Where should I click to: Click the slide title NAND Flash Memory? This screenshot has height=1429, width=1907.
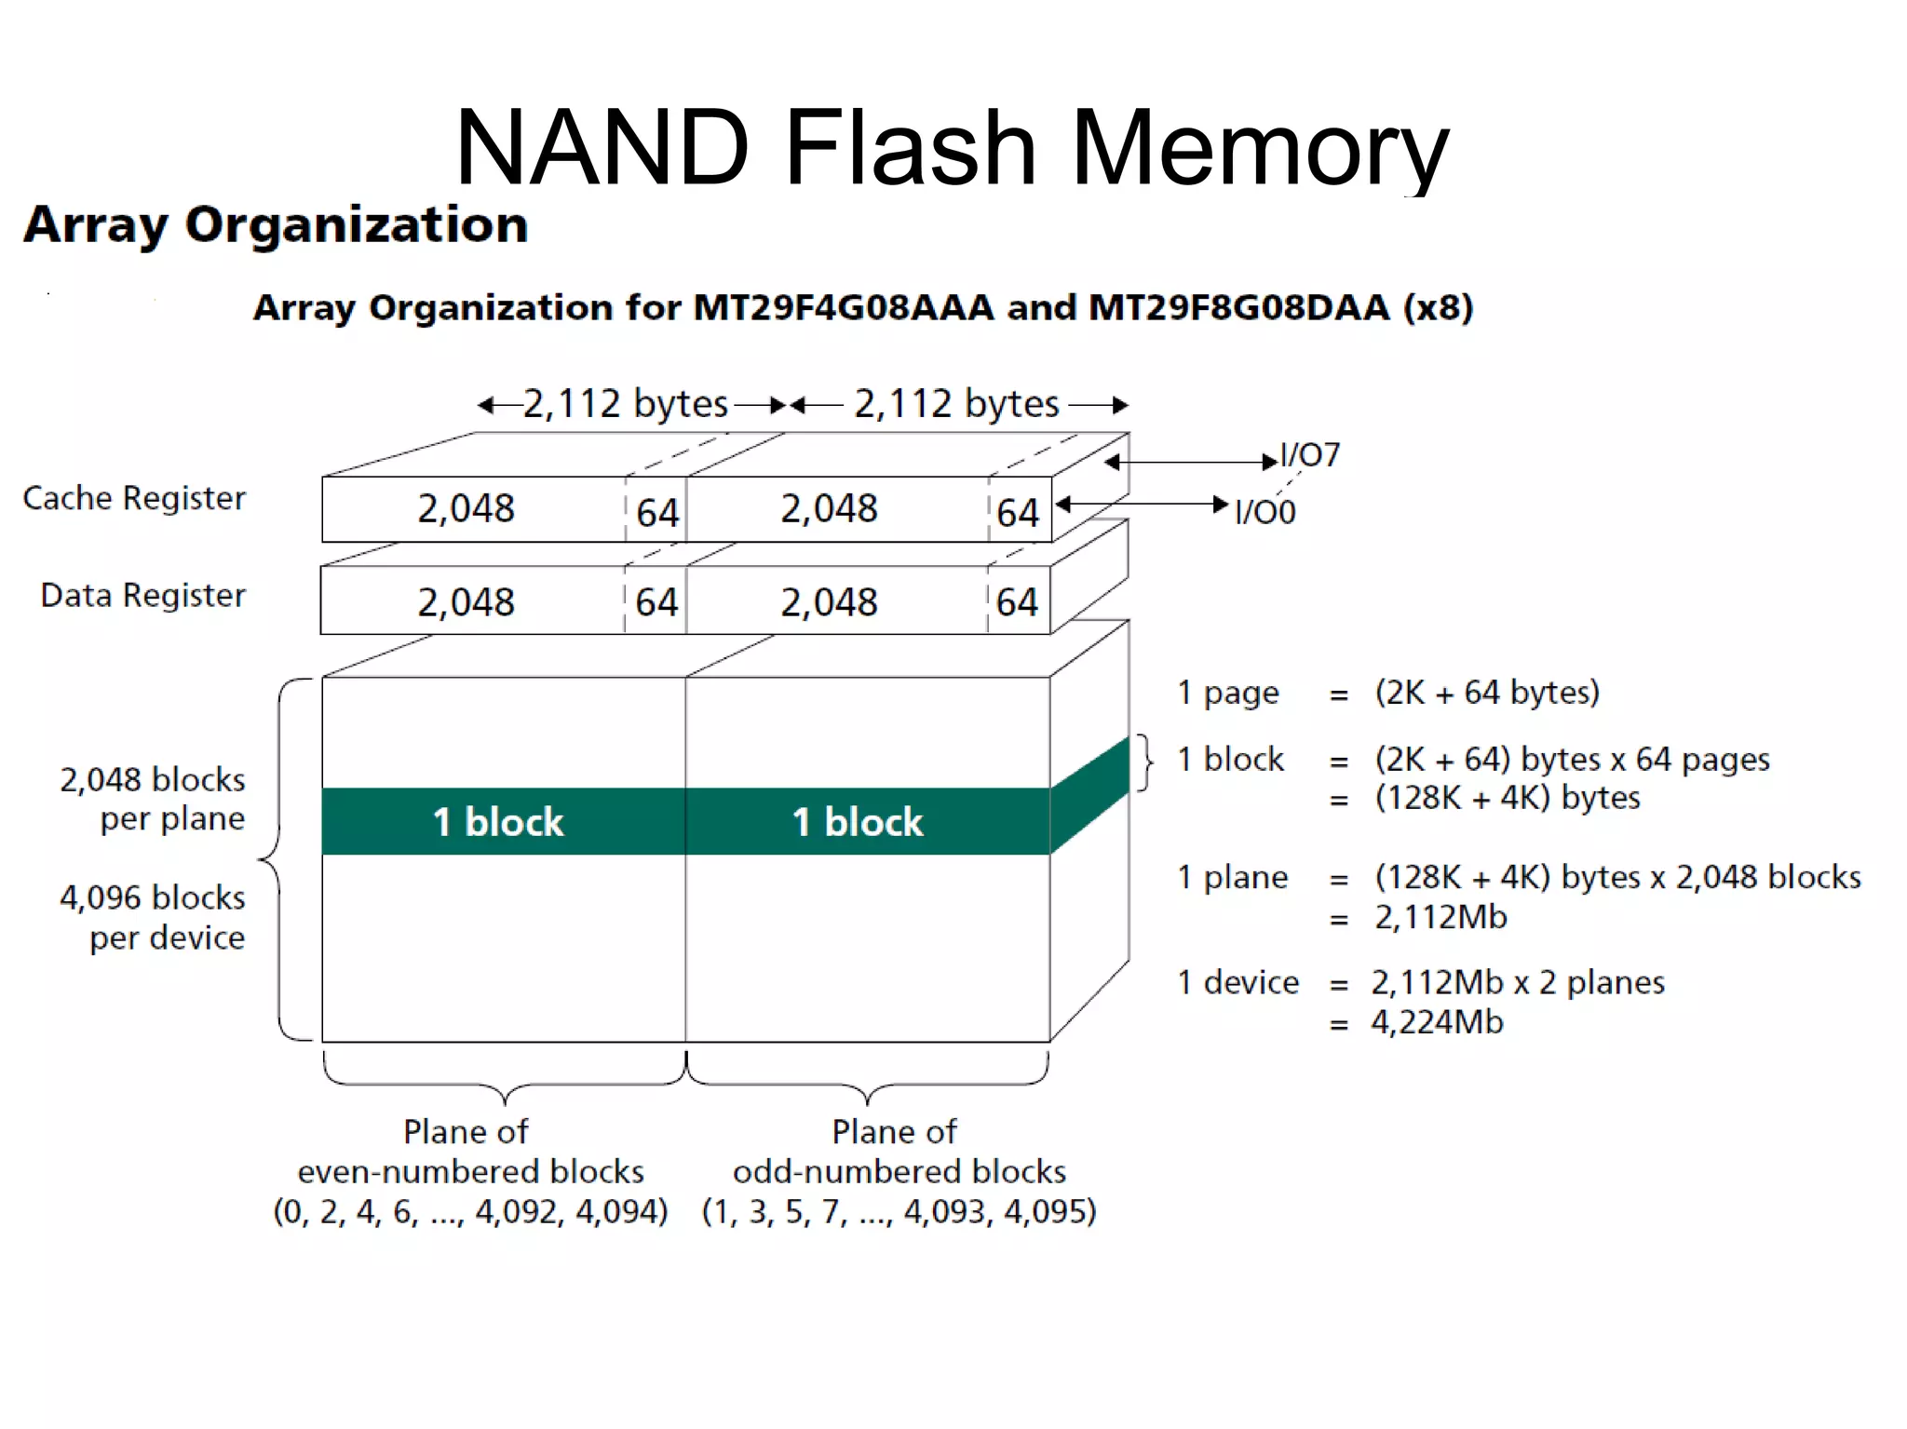(x=952, y=147)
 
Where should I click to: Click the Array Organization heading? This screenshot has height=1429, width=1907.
(x=276, y=225)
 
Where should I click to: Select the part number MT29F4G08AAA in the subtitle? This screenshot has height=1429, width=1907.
(x=844, y=307)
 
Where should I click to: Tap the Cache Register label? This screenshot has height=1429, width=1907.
(x=134, y=498)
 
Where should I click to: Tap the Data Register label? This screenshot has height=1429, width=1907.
(x=142, y=595)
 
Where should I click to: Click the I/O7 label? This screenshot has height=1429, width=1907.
(x=1310, y=455)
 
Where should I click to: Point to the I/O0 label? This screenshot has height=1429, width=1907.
(x=1265, y=512)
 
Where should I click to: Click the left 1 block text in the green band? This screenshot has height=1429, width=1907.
(x=498, y=822)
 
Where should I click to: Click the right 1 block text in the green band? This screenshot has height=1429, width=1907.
(x=858, y=822)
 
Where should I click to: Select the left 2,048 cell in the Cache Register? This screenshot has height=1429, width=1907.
(x=466, y=509)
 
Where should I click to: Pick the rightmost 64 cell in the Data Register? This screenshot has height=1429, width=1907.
(x=1017, y=602)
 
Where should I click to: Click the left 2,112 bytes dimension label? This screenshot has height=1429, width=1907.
(x=625, y=404)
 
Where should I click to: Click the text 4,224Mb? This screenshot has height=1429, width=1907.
(x=1437, y=1022)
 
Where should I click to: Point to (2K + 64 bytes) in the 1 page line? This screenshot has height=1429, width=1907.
(x=1487, y=693)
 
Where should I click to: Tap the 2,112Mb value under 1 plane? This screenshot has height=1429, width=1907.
(x=1440, y=917)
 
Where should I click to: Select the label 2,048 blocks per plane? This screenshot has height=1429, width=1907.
(x=153, y=799)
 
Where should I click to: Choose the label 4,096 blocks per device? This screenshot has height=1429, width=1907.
(x=153, y=917)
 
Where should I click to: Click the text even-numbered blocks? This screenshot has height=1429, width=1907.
(x=470, y=1171)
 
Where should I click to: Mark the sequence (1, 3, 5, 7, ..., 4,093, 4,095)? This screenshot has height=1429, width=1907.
(x=899, y=1211)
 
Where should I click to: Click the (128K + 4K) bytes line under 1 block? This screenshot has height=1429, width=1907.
(x=1507, y=798)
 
